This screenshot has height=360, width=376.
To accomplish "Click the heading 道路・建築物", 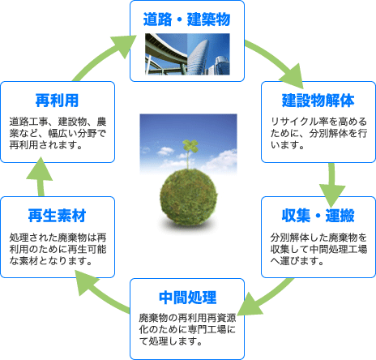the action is [186, 19].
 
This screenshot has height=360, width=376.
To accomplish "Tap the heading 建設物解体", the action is [318, 101].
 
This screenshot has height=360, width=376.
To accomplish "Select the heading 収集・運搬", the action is [318, 216].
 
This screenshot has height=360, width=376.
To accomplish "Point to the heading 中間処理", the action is [187, 298].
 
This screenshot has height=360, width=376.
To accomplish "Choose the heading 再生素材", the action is [57, 216].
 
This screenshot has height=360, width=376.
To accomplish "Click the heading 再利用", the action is [57, 101].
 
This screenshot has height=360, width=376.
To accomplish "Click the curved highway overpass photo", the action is [166, 54].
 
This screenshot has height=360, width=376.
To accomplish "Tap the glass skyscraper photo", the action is [208, 54].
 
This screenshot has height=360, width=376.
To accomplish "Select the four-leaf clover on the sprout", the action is [190, 145].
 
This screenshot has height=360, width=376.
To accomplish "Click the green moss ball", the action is [188, 197].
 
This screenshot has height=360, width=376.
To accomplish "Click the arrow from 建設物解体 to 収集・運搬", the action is [332, 185].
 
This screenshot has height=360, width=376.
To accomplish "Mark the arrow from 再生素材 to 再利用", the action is [40, 176].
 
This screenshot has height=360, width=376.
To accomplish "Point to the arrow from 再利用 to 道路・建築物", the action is [104, 58].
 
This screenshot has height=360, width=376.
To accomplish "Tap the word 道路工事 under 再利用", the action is [29, 122].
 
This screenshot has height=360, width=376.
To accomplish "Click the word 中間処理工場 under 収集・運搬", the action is [338, 249].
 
